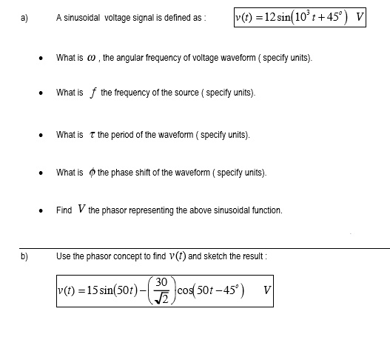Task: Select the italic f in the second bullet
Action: (x=93, y=93)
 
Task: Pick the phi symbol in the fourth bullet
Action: (x=91, y=173)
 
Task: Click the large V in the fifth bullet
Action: (x=79, y=209)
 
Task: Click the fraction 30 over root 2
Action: (x=163, y=288)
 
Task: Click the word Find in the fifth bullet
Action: (x=64, y=210)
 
